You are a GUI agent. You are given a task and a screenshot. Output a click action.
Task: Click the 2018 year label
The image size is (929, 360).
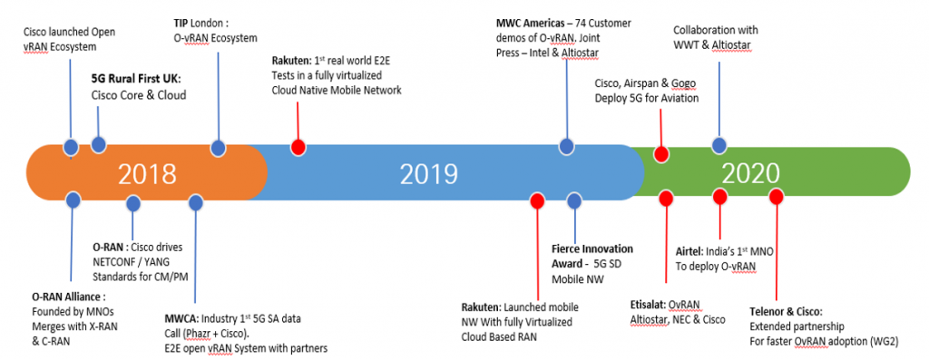pos(147,173)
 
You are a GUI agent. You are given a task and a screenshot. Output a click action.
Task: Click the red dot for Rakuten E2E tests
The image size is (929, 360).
pos(297,146)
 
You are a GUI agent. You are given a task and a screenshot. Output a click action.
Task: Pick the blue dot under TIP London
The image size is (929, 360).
pos(218,146)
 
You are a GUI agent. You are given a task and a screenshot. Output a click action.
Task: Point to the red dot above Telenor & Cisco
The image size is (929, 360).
pos(776,197)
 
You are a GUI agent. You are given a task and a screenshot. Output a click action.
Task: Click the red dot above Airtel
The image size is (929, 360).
pos(720,197)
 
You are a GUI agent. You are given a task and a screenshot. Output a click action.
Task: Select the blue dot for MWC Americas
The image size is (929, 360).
pos(566,146)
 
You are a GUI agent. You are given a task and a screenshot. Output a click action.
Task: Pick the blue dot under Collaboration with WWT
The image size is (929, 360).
pos(719,145)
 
